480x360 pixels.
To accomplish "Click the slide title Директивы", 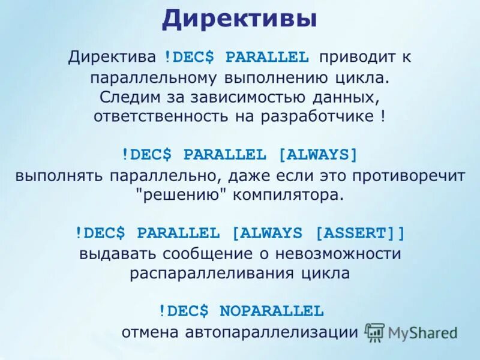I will (239, 19).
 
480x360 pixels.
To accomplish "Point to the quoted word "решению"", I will (170, 195).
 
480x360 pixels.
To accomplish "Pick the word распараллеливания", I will (207, 273).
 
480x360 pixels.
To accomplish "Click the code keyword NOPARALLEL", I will (271, 311).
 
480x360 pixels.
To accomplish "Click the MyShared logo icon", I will (374, 332).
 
